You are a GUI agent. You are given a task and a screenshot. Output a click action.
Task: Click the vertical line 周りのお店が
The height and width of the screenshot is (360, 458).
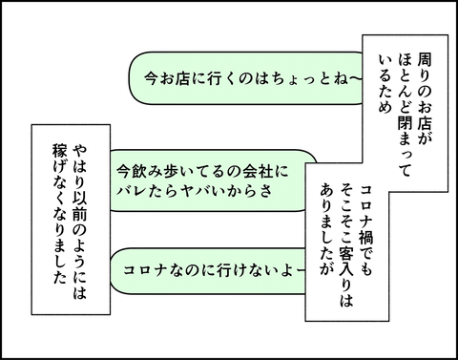pos(426,95)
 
